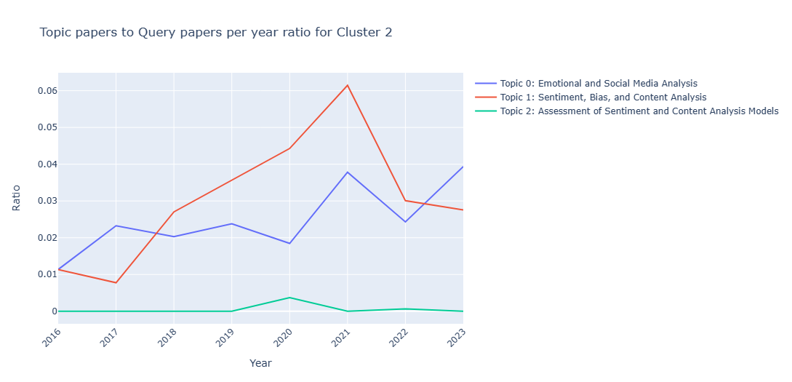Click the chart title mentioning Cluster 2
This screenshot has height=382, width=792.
pos(215,33)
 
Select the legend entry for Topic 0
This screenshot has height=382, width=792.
pos(593,84)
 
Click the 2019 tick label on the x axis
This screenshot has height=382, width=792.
pos(227,338)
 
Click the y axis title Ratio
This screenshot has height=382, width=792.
pos(17,198)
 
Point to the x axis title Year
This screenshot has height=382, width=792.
pos(260,362)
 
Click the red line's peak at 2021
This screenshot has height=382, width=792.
pos(348,85)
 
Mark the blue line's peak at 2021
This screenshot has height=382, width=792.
pos(348,172)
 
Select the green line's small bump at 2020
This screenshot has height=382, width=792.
pos(289,298)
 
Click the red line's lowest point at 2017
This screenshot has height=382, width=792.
pos(116,282)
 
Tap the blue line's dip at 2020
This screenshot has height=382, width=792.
pos(289,243)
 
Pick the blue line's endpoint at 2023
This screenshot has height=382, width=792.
pos(463,167)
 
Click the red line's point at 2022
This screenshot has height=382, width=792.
pos(405,201)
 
